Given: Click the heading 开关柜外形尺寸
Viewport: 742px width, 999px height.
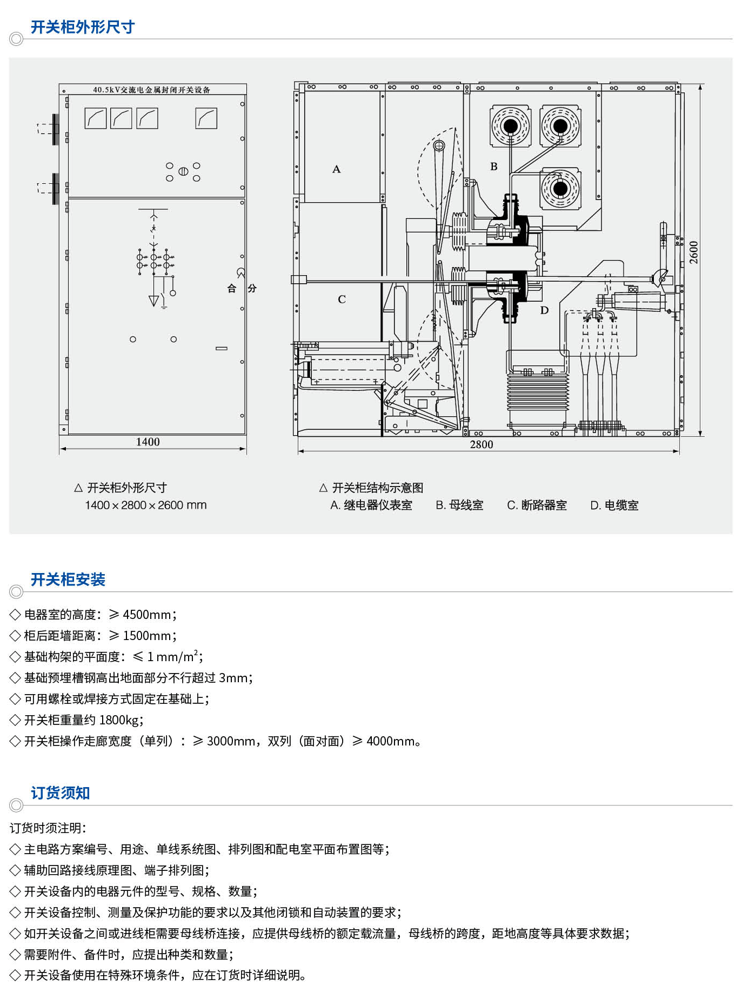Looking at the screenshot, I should click(82, 27).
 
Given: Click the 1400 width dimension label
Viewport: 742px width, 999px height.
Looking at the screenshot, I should click(148, 442).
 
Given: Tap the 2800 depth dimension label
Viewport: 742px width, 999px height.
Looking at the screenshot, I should click(481, 444).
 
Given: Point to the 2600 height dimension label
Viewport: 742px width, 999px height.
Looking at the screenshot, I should click(694, 252).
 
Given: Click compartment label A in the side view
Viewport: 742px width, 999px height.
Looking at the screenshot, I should click(336, 169).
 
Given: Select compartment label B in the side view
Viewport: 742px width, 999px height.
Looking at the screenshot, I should click(493, 166).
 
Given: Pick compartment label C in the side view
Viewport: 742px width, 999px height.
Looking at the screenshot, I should click(342, 299).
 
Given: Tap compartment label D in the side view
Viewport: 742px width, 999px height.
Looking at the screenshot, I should click(544, 310).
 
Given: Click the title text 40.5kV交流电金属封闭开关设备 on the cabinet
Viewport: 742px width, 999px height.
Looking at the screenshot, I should click(151, 90).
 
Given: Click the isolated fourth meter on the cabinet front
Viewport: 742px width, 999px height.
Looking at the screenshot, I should click(206, 118).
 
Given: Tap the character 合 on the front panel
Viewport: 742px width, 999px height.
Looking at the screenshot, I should click(232, 288).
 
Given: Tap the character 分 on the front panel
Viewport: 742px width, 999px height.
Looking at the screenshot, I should click(252, 288).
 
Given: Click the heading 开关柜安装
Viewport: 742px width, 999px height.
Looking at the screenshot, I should click(68, 580).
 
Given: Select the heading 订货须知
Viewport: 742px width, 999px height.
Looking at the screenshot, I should click(60, 793).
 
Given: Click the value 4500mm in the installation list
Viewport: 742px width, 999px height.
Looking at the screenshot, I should click(147, 615).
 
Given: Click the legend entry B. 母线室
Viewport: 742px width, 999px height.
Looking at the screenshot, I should click(459, 505).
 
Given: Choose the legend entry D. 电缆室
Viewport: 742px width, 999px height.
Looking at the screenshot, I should click(614, 505).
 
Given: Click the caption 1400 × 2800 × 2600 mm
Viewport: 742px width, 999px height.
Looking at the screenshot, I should click(146, 505).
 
